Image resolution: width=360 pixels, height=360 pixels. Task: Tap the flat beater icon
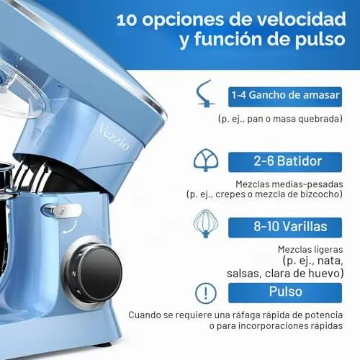point(206,160)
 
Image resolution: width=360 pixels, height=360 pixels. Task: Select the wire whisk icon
point(206,224)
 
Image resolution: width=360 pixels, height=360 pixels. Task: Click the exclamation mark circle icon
point(206,293)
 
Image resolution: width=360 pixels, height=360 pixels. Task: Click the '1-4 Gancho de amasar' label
point(285,96)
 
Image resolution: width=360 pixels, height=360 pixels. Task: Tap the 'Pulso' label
point(285,292)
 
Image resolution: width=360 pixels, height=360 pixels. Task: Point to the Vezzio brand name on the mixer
point(114,137)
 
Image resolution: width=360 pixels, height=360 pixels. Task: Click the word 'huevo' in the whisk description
point(326,274)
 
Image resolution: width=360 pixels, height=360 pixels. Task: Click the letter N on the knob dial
point(74,274)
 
